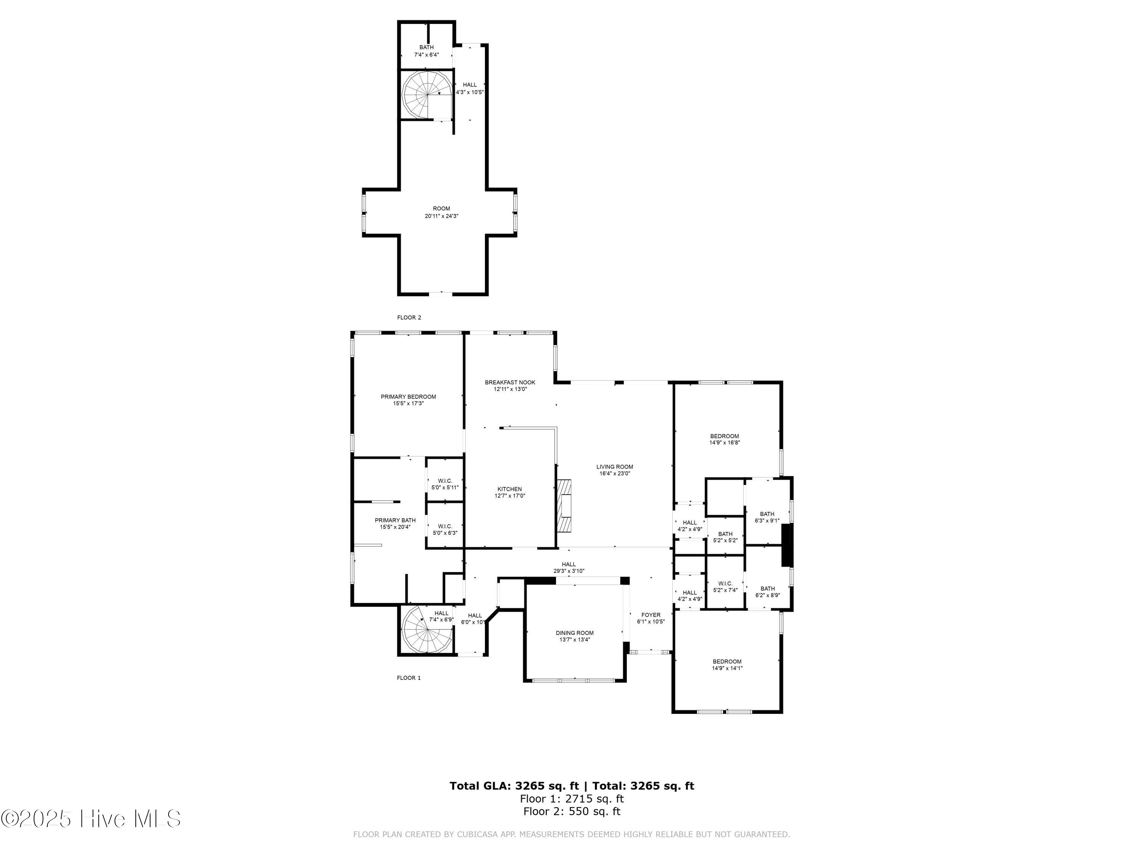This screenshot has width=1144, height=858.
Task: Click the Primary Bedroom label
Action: (x=408, y=397)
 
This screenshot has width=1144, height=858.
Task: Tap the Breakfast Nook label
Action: (x=509, y=382)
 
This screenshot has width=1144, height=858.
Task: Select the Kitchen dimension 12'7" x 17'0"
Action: (x=509, y=495)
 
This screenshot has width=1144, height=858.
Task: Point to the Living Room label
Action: (x=614, y=466)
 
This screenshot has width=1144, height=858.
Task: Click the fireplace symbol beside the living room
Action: (x=564, y=506)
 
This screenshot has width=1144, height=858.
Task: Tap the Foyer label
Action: (x=651, y=615)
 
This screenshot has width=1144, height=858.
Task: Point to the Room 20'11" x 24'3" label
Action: (x=441, y=212)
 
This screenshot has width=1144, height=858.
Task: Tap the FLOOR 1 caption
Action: (x=408, y=678)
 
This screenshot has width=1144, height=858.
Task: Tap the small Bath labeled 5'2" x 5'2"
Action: (x=725, y=537)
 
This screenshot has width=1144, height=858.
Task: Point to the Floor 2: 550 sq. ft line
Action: (x=572, y=811)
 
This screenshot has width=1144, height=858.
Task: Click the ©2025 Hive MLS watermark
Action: (x=91, y=819)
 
